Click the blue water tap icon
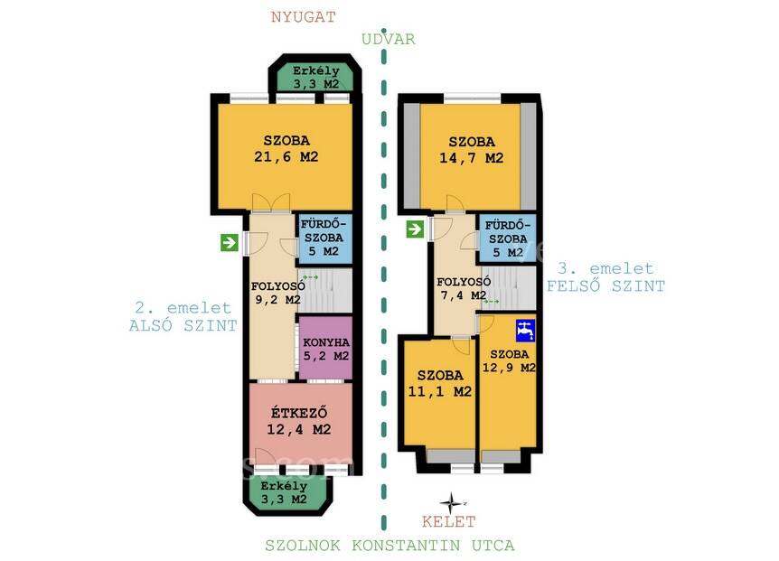tap(526, 330)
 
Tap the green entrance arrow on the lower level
tap(230, 243)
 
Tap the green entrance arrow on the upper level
tap(415, 229)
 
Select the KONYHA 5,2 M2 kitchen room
tap(325, 349)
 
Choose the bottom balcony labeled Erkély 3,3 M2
tap(284, 493)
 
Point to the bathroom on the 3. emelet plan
tap(507, 238)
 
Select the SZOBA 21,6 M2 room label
tap(286, 149)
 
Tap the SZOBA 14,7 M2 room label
tap(471, 150)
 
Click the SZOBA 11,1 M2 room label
tap(440, 384)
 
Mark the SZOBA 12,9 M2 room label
tap(509, 361)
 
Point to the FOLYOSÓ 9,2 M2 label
tap(277, 293)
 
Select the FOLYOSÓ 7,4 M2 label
tap(464, 288)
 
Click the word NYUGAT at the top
tap(303, 17)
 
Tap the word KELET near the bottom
tap(448, 522)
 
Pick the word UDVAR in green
tap(388, 39)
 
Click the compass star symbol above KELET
tap(451, 503)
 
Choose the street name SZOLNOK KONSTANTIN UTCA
tap(390, 545)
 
